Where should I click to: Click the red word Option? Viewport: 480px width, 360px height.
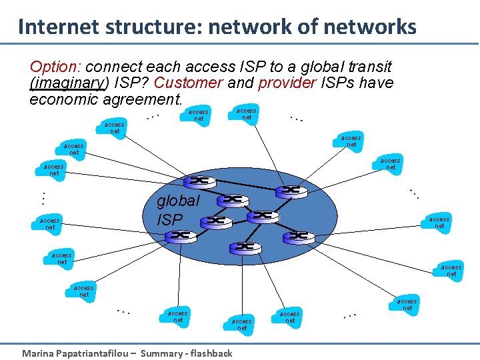55,67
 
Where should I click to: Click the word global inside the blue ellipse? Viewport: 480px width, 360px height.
177,201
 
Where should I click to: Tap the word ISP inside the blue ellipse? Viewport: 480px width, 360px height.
169,218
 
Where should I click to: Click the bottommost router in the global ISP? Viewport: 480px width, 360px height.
245,247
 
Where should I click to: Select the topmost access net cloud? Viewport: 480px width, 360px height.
247,113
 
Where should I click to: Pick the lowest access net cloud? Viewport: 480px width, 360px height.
242,324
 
